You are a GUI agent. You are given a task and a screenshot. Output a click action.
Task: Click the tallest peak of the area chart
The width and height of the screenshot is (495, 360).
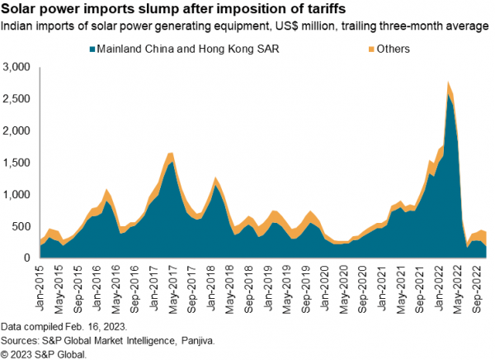point(448,83)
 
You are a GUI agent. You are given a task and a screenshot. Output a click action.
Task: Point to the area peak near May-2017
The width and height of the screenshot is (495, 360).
point(171,154)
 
